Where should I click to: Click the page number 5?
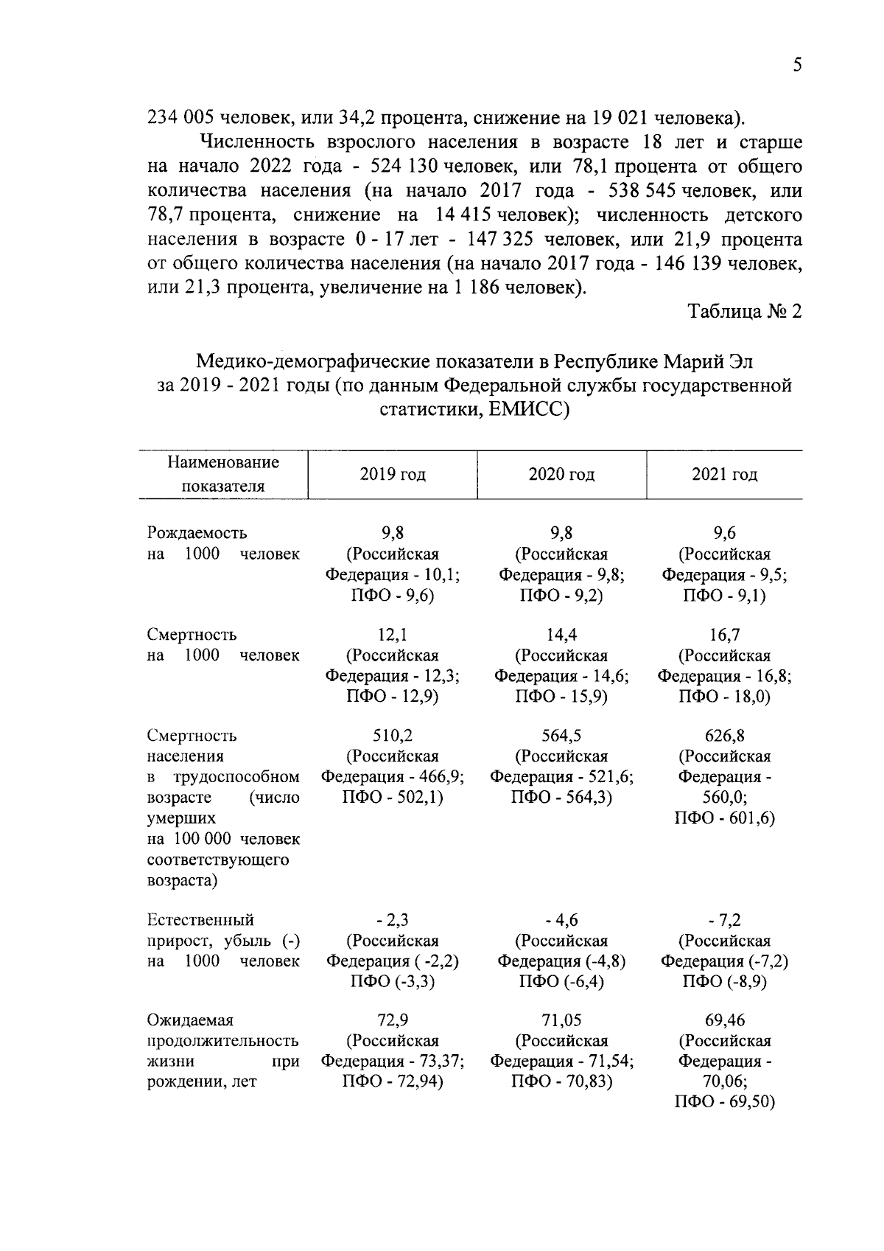point(797,66)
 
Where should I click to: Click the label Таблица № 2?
point(745,311)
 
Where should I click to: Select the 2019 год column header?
point(392,475)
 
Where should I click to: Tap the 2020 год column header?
point(561,475)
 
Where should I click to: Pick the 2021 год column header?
point(724,475)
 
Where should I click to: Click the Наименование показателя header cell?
point(223,474)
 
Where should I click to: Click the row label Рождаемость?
point(197,533)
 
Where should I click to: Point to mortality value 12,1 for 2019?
point(392,635)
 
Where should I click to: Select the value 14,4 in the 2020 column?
point(561,635)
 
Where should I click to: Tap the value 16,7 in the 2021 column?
point(724,635)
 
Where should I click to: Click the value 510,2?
point(392,736)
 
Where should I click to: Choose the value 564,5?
point(561,736)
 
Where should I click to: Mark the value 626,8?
point(724,736)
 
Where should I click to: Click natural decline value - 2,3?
point(392,920)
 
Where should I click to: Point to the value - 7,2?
point(724,920)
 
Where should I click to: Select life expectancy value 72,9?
point(392,1020)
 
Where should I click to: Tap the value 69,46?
point(724,1020)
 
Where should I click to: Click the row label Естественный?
point(200,920)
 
